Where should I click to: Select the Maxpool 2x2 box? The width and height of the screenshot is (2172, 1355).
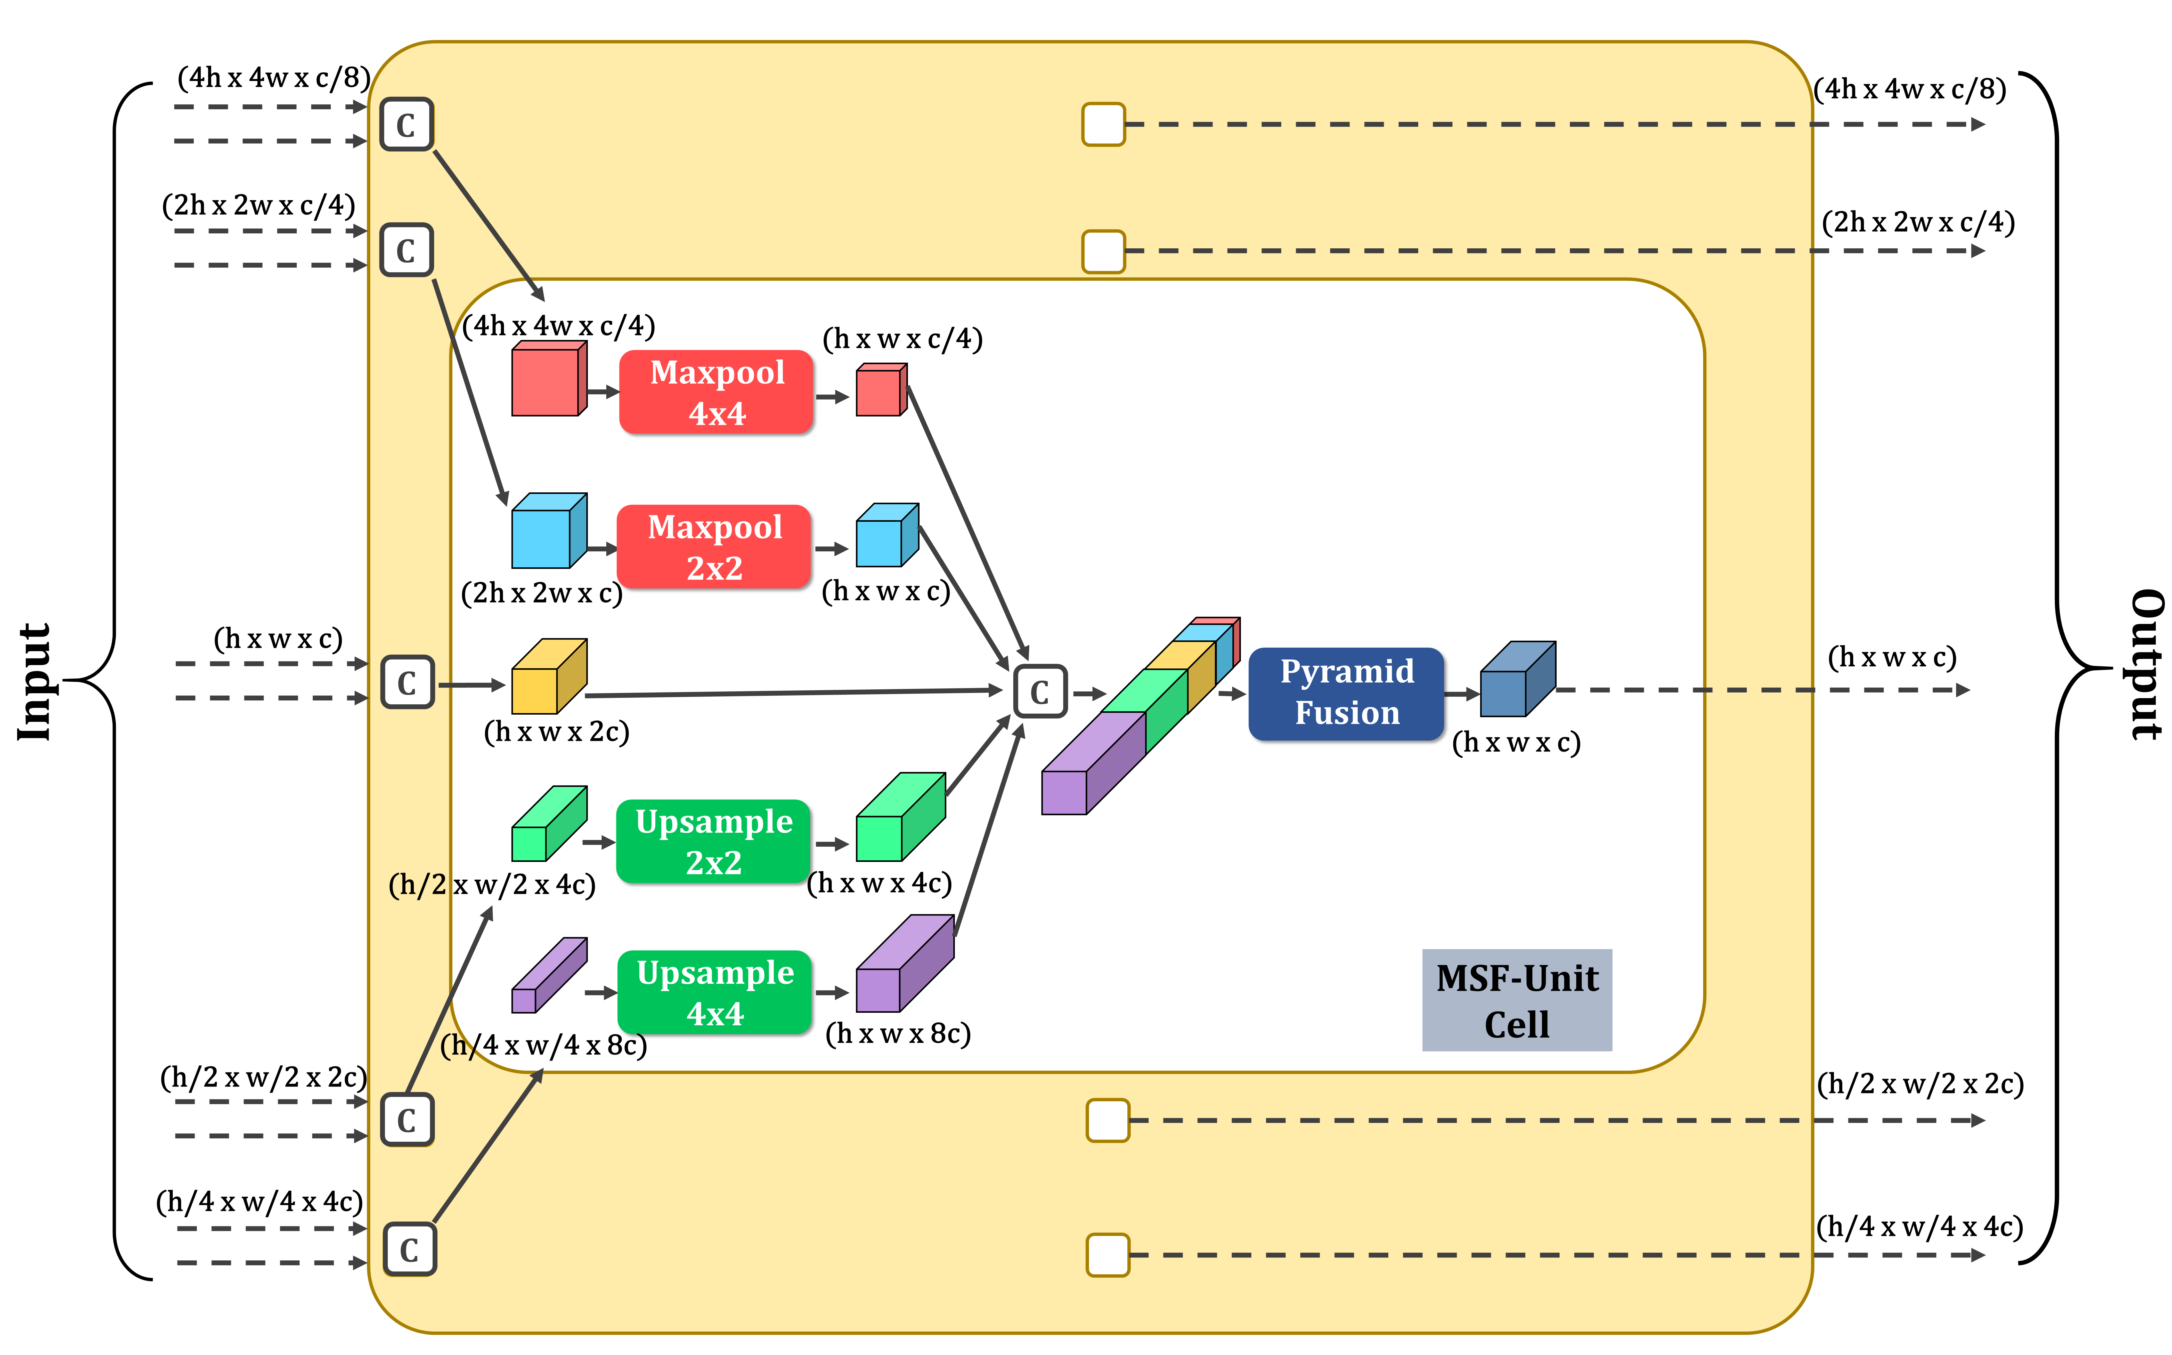[714, 547]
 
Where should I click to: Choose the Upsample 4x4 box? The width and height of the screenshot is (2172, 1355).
[715, 992]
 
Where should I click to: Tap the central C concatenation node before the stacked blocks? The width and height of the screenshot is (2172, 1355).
[1039, 691]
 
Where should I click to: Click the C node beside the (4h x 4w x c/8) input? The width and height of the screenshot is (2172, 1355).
[407, 125]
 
